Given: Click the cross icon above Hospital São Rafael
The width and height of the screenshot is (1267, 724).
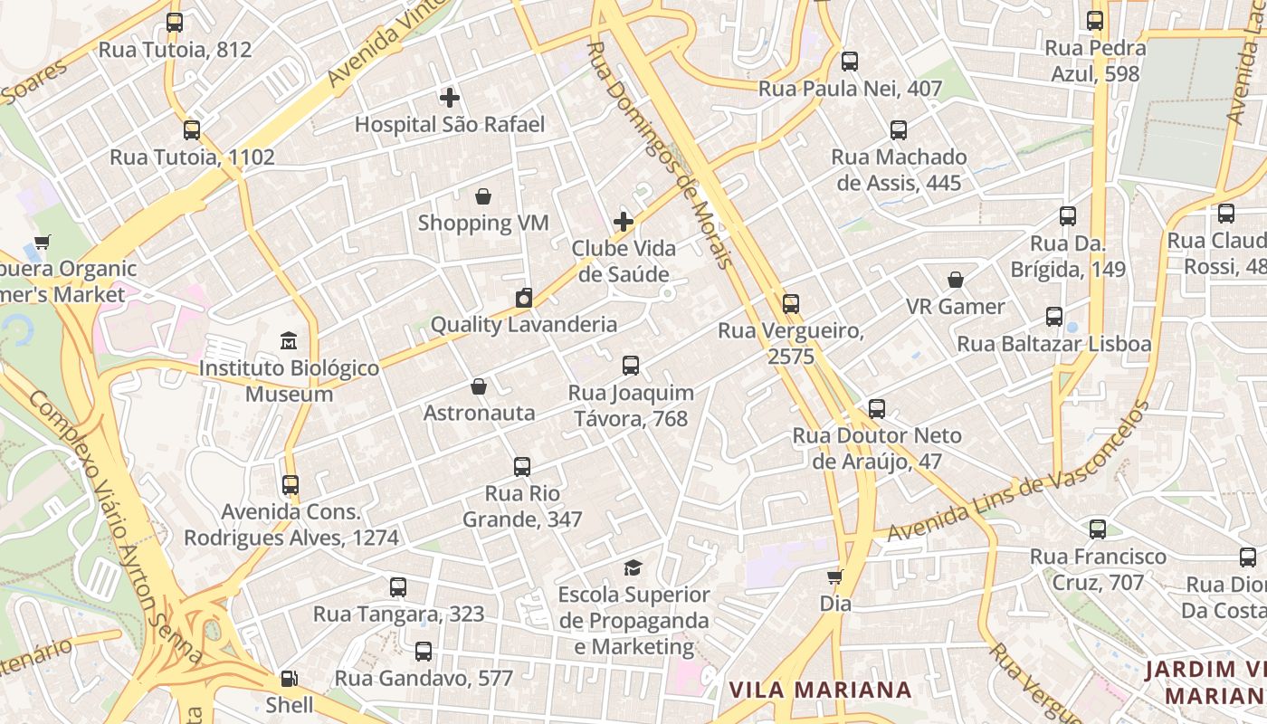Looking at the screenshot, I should tap(450, 98).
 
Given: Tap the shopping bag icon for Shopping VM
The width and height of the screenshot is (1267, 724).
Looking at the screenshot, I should tap(483, 196).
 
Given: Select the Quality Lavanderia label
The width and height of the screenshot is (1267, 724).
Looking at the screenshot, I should tap(523, 324).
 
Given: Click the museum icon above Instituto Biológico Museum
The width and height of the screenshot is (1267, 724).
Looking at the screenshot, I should tap(289, 341).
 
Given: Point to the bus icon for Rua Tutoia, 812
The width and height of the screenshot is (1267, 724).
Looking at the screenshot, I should tap(175, 23).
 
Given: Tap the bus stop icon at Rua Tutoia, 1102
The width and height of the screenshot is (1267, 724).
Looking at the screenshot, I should tap(192, 129).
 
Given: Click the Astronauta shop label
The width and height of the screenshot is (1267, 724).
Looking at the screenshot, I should tap(479, 413).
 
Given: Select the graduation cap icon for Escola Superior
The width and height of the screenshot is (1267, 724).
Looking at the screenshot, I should tap(633, 567).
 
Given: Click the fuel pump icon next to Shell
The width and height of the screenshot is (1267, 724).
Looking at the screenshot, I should tap(290, 678).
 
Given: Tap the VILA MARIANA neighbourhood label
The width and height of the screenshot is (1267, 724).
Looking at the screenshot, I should tap(820, 690).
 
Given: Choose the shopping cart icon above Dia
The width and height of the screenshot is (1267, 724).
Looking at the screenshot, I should tap(835, 576).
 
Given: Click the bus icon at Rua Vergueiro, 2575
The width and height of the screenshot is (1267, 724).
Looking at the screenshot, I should tap(791, 304).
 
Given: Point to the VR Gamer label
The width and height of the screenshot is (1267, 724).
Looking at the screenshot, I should tap(955, 307).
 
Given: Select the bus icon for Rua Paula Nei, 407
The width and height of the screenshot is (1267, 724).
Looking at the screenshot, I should tap(850, 62).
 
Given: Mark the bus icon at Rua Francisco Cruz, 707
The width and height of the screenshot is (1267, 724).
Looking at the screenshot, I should tap(1098, 529).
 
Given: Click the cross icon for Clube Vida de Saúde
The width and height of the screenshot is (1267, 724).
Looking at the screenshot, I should tap(624, 221).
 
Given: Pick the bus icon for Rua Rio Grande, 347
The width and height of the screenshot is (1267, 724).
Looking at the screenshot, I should tap(522, 467).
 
